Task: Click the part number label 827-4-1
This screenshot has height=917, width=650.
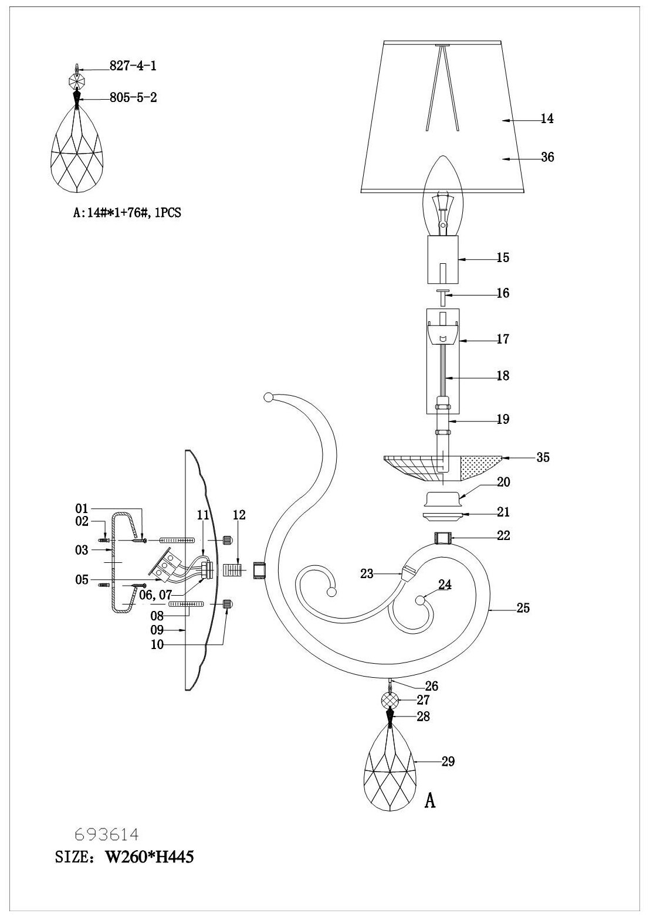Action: tap(133, 66)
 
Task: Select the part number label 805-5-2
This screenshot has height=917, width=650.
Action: tap(133, 98)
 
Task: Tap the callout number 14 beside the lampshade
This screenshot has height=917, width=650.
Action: tap(547, 119)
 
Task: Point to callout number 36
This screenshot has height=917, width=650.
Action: tap(547, 157)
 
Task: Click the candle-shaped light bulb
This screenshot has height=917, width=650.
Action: tap(442, 194)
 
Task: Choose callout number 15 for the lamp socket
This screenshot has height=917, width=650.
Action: tap(502, 257)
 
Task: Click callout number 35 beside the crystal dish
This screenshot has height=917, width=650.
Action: tap(543, 457)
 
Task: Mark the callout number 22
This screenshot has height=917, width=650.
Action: tap(503, 535)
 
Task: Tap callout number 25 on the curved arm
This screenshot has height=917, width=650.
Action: tap(523, 608)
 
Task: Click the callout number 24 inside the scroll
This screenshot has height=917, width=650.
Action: tap(445, 585)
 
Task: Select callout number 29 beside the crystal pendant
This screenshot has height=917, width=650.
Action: tap(448, 762)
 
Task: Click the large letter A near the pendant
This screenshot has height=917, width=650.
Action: tap(430, 800)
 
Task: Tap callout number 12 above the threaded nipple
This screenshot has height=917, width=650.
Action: tap(239, 515)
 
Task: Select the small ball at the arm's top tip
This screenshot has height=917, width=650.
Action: tap(269, 398)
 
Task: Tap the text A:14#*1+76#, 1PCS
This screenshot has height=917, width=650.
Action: tap(127, 214)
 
